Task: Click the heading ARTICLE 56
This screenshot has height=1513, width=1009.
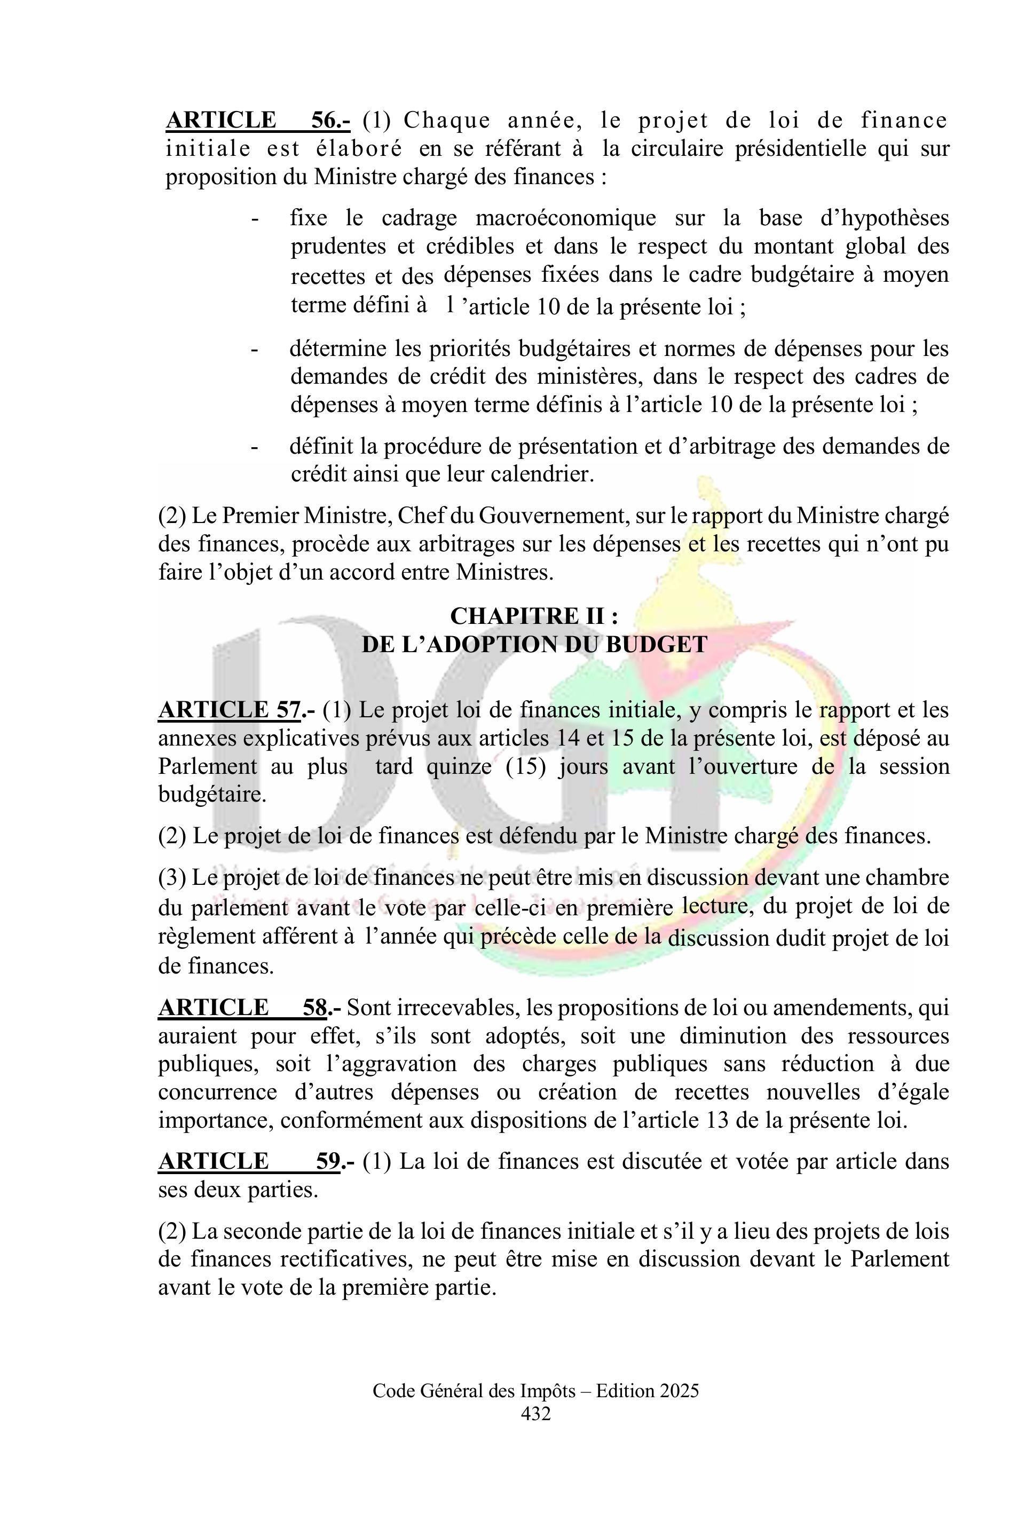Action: pyautogui.click(x=257, y=120)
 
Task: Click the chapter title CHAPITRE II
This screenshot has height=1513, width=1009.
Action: pyautogui.click(x=533, y=616)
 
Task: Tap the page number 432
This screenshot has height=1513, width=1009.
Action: pyautogui.click(x=535, y=1413)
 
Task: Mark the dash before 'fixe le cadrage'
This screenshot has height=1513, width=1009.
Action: pyautogui.click(x=255, y=219)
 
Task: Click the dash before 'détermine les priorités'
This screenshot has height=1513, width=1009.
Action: pyautogui.click(x=255, y=350)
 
